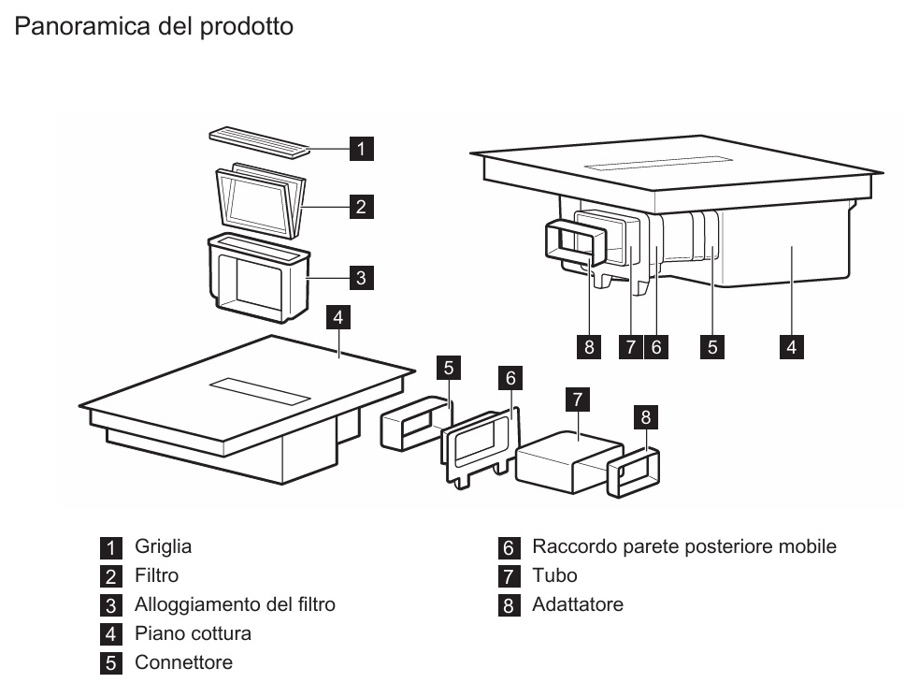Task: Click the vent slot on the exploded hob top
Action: click(x=258, y=391)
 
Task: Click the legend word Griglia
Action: click(x=163, y=546)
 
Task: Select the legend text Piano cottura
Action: click(x=193, y=633)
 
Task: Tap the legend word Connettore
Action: click(x=183, y=662)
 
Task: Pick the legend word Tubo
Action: click(x=554, y=575)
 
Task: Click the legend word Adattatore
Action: click(x=577, y=604)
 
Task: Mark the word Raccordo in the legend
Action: click(x=569, y=546)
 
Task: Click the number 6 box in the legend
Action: click(x=509, y=547)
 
